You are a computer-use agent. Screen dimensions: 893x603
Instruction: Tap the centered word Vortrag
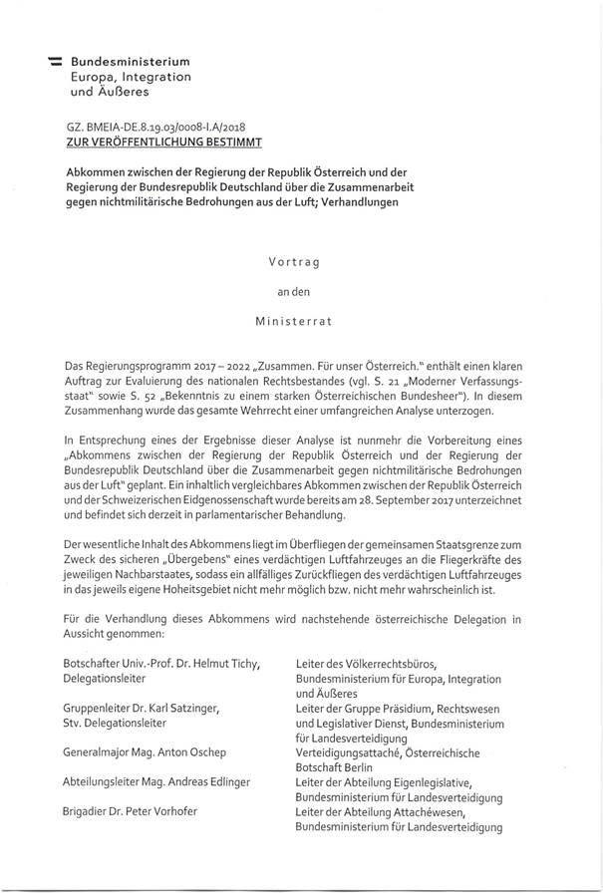pos(300,262)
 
